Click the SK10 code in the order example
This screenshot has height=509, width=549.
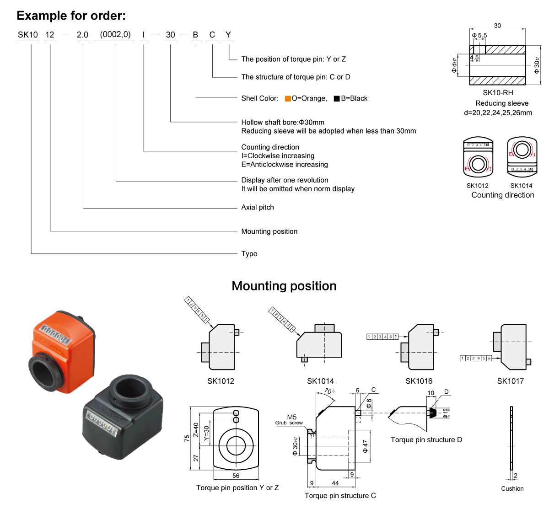[x=28, y=35]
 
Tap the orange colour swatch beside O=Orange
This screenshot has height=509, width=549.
[x=288, y=98]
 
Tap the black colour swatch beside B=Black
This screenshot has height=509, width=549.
[x=337, y=98]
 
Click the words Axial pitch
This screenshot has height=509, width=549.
[x=258, y=207]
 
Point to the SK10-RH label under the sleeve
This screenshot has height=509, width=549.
[x=498, y=92]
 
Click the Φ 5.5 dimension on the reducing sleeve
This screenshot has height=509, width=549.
[x=479, y=35]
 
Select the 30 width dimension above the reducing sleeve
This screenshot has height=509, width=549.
[x=497, y=26]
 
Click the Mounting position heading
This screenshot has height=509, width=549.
[x=284, y=286]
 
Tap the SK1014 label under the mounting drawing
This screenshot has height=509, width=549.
[x=320, y=381]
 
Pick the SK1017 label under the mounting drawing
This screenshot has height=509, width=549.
[x=510, y=381]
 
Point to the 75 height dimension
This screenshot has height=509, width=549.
[x=187, y=438]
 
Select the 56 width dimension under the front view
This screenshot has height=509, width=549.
[x=236, y=476]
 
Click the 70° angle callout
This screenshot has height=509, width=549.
[x=329, y=392]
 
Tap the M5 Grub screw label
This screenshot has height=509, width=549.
[x=291, y=419]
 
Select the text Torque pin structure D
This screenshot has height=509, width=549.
[x=426, y=439]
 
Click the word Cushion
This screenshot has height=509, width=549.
[x=512, y=488]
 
